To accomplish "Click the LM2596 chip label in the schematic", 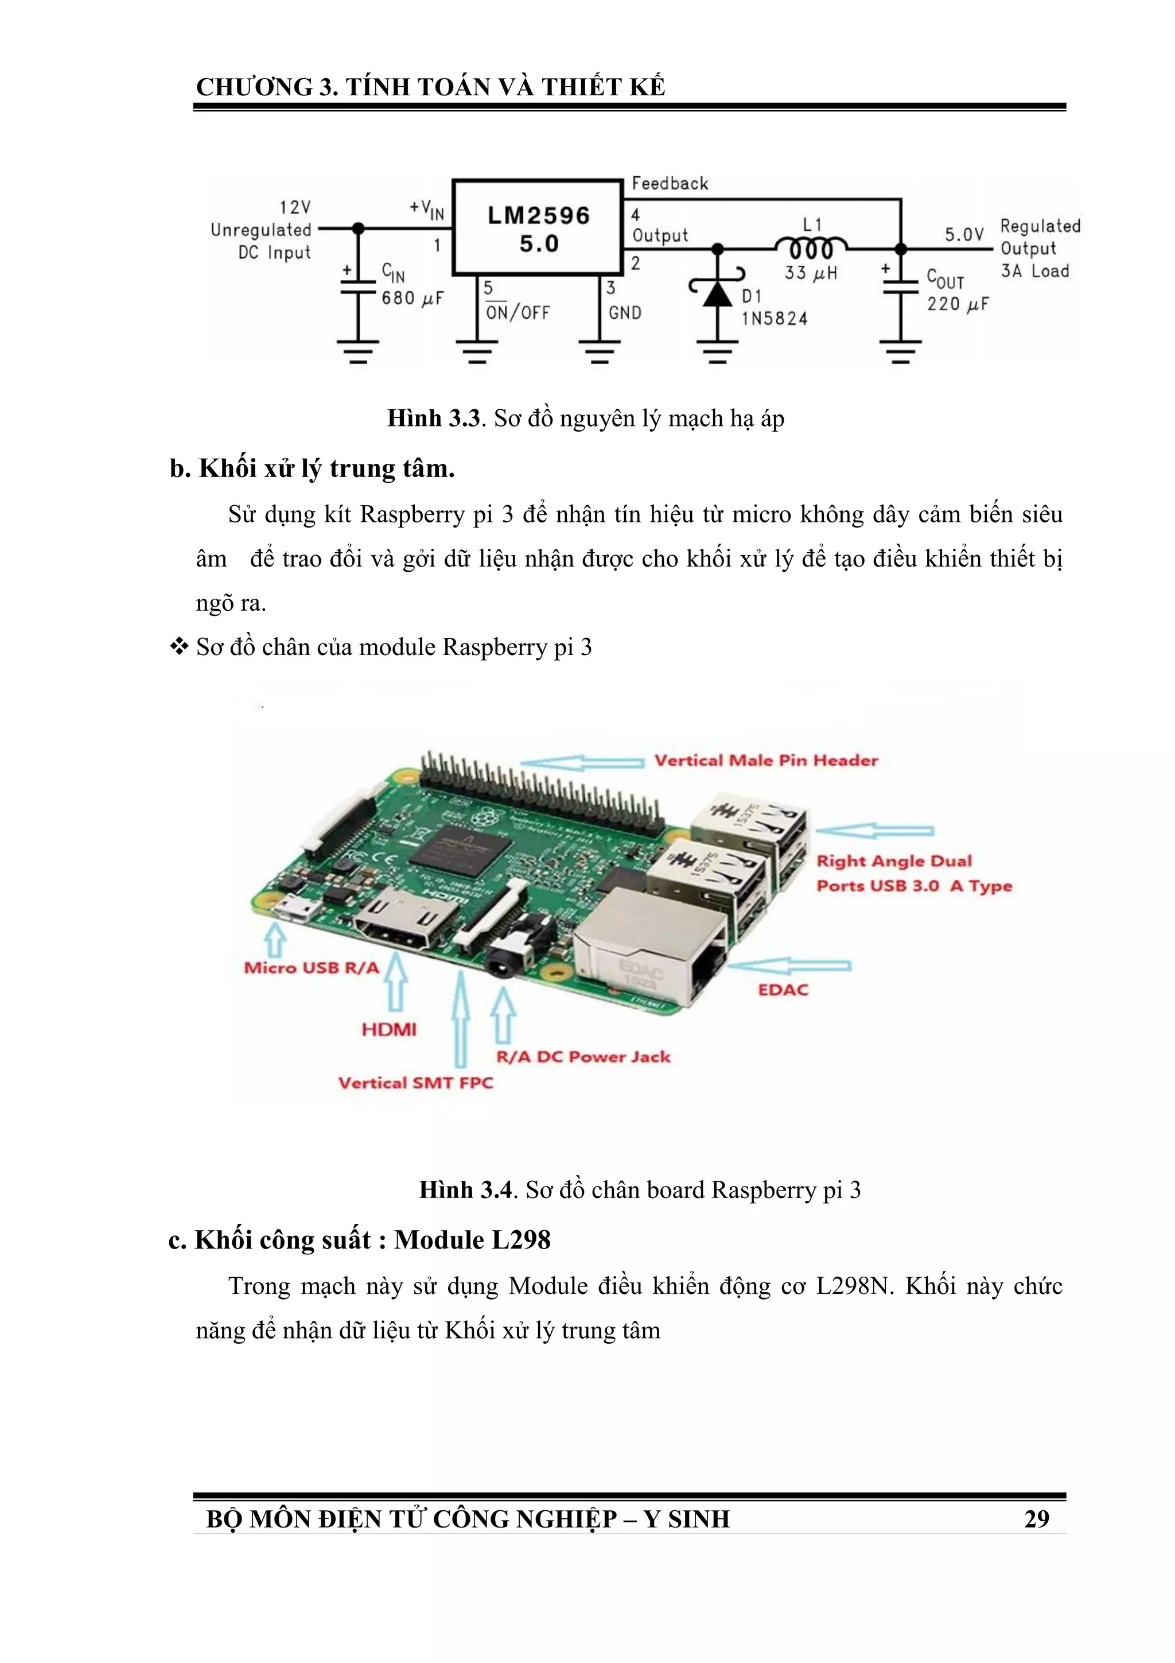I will coord(538,216).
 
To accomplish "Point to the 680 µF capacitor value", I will coord(412,299).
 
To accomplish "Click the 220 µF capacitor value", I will coord(957,304).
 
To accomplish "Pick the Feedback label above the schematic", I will coord(670,183).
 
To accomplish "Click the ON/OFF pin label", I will coord(518,313).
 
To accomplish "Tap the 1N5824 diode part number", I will coord(774,319).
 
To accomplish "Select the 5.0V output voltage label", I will coord(964,235).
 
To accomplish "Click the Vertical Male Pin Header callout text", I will coord(766,761).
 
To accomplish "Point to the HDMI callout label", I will coord(389,1029).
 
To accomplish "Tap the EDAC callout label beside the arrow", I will coord(783,990).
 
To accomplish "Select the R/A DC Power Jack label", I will coord(583,1057).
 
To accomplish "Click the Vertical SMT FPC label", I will coord(415,1083).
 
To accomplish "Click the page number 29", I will coord(1036,1518).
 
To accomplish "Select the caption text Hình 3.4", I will coord(465,1190).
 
